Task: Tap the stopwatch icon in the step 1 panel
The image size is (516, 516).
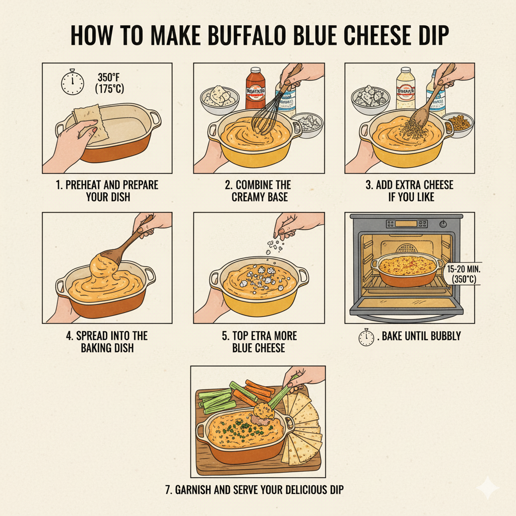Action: [x=72, y=83]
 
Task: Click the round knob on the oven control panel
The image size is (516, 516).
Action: [x=443, y=224]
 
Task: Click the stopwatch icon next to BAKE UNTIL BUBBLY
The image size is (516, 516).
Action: [x=366, y=337]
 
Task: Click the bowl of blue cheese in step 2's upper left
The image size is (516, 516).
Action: [x=219, y=98]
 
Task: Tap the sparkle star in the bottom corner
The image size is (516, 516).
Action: [x=488, y=488]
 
